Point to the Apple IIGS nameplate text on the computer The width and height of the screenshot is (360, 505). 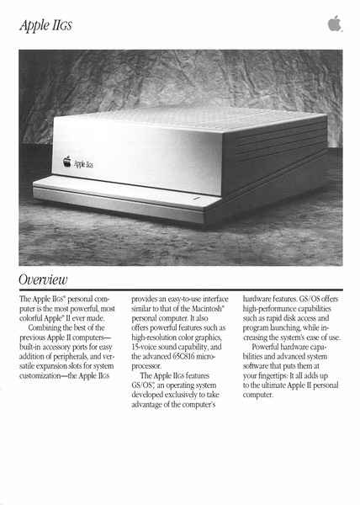[x=82, y=163]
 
